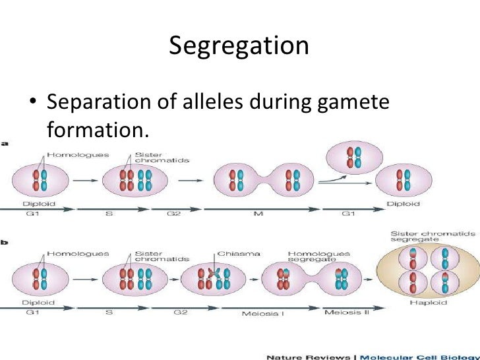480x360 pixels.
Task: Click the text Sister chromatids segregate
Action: click(x=422, y=238)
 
